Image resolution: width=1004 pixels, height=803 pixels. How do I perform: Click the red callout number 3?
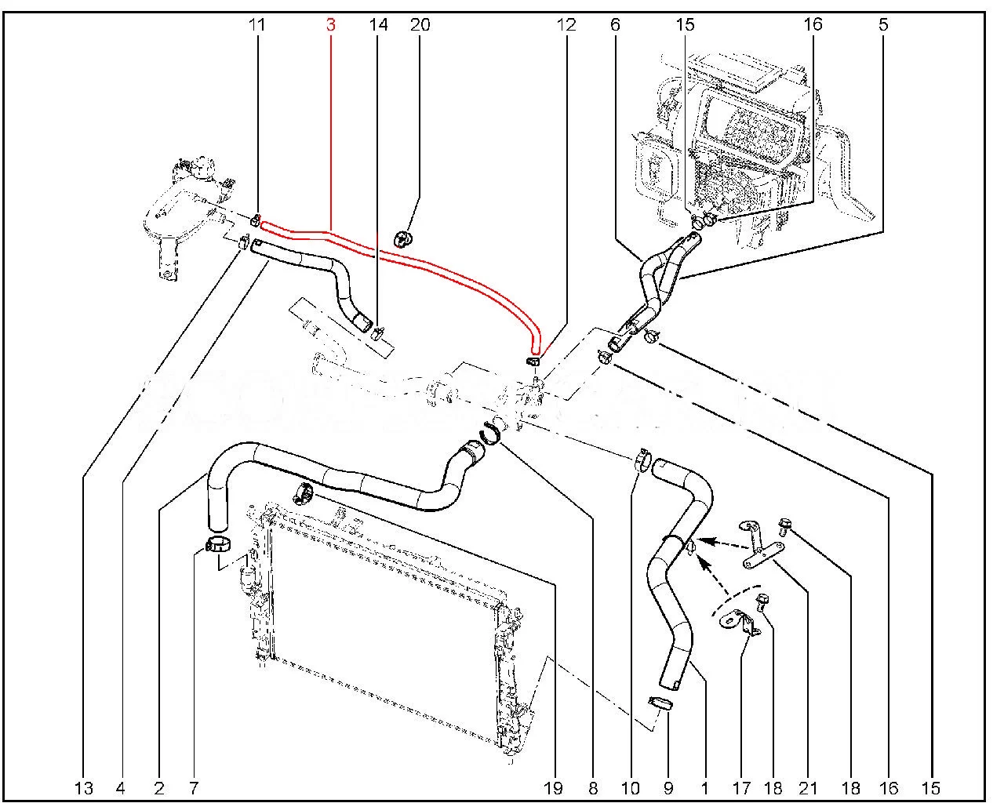click(x=330, y=25)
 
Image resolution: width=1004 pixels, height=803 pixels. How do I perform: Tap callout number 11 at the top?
click(x=256, y=25)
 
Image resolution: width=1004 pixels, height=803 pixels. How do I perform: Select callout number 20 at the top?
click(x=420, y=25)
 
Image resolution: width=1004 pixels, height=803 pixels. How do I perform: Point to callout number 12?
click(x=566, y=25)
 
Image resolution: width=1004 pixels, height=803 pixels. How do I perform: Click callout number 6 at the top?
click(x=615, y=25)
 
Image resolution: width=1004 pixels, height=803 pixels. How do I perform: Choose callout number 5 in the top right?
click(x=883, y=25)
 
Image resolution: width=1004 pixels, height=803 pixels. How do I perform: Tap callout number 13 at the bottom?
click(x=84, y=787)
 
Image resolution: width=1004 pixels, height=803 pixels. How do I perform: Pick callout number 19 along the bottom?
click(x=553, y=787)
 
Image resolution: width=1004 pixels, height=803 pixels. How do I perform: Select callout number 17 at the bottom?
click(x=741, y=787)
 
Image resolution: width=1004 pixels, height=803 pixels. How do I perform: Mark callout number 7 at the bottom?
click(x=194, y=787)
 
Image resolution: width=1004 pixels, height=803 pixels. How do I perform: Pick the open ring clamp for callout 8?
click(x=493, y=431)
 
